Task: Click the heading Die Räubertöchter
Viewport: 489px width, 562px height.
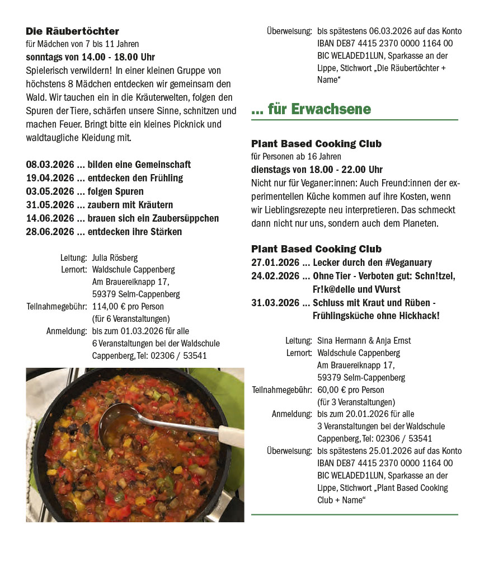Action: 72,31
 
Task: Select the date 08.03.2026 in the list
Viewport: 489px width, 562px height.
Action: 50,165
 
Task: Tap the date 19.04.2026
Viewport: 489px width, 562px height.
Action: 50,178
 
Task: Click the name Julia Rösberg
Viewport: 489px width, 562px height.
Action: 115,257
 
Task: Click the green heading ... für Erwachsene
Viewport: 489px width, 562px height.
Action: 311,109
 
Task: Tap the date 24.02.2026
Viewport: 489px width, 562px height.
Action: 275,276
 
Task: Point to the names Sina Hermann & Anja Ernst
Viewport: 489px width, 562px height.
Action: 364,340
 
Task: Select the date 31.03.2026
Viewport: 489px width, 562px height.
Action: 275,303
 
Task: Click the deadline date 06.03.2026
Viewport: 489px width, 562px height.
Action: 383,31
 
